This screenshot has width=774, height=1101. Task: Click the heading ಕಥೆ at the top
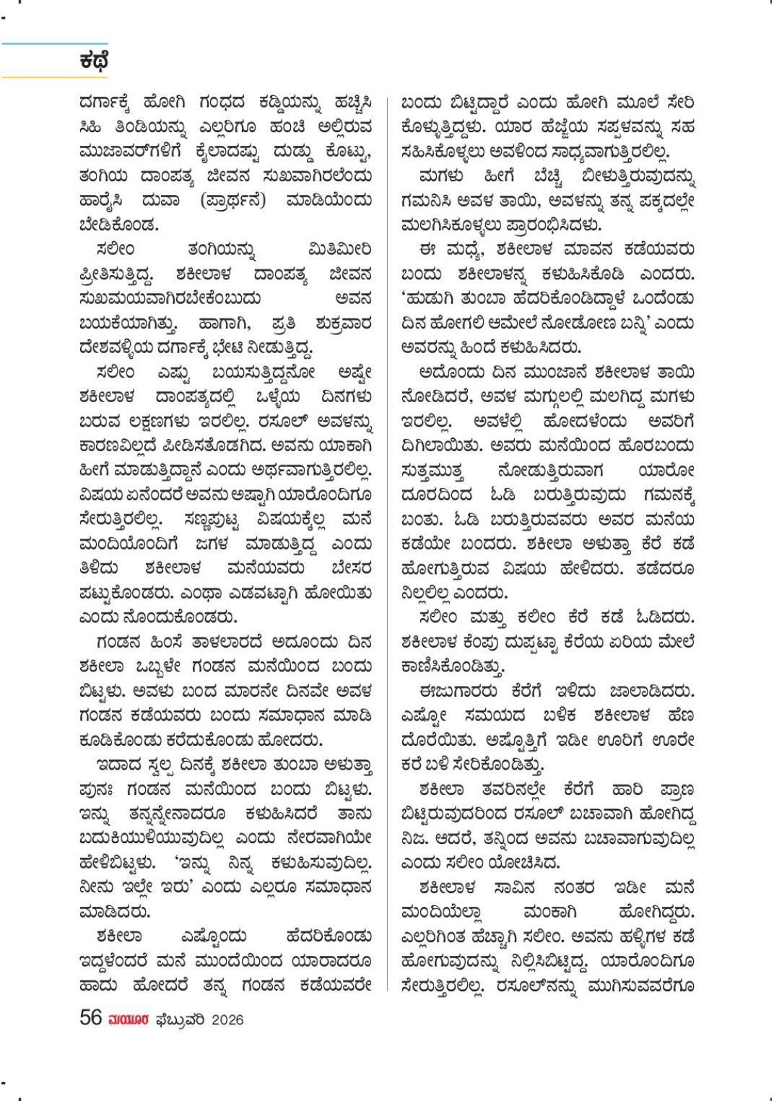pyautogui.click(x=94, y=61)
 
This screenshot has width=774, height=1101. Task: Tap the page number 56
pyautogui.click(x=90, y=1019)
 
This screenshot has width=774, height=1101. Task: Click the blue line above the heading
pyautogui.click(x=54, y=44)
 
